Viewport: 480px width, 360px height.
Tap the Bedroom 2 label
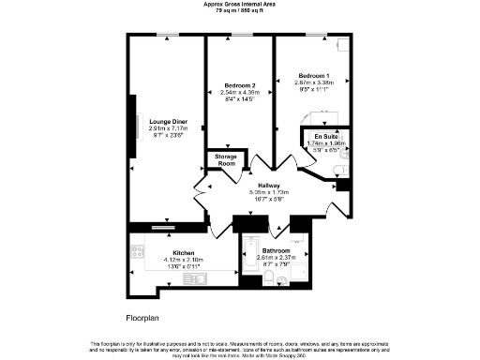click(240, 84)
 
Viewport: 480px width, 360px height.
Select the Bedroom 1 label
click(314, 75)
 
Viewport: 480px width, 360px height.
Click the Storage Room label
click(226, 160)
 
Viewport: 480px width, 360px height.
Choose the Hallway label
click(273, 186)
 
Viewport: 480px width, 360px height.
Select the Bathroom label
click(277, 251)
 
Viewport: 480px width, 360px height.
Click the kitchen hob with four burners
click(138, 249)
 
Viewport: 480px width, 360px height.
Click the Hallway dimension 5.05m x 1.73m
click(273, 193)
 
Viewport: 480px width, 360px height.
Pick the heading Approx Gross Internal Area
click(240, 5)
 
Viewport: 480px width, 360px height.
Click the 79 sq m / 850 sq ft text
click(240, 11)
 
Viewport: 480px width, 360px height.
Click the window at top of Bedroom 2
click(240, 36)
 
